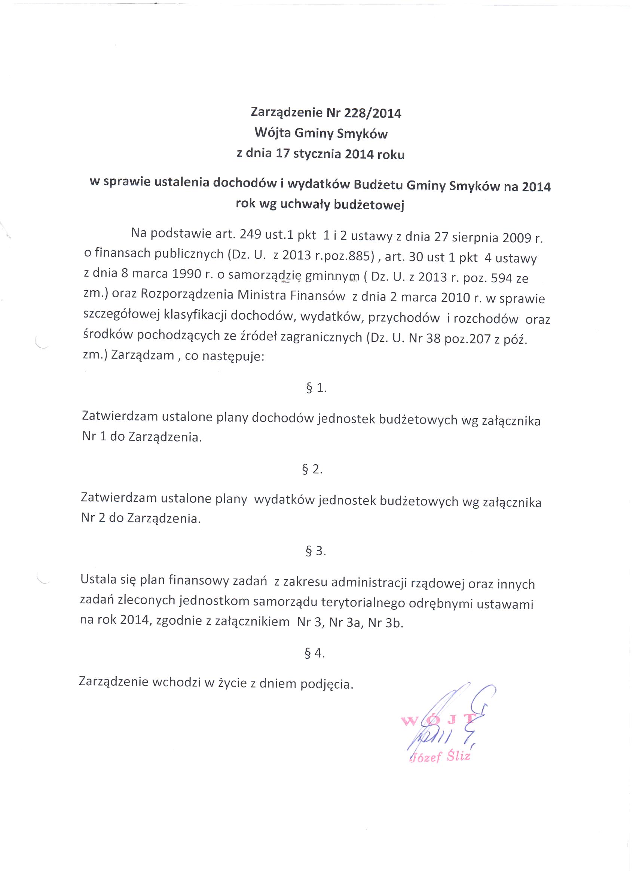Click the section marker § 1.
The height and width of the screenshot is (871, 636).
pyautogui.click(x=316, y=388)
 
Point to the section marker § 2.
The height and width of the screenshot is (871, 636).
pyautogui.click(x=312, y=469)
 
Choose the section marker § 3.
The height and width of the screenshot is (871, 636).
pyautogui.click(x=315, y=551)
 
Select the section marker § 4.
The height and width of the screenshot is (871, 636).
pyautogui.click(x=315, y=653)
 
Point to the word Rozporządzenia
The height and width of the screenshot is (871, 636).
pyautogui.click(x=187, y=294)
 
